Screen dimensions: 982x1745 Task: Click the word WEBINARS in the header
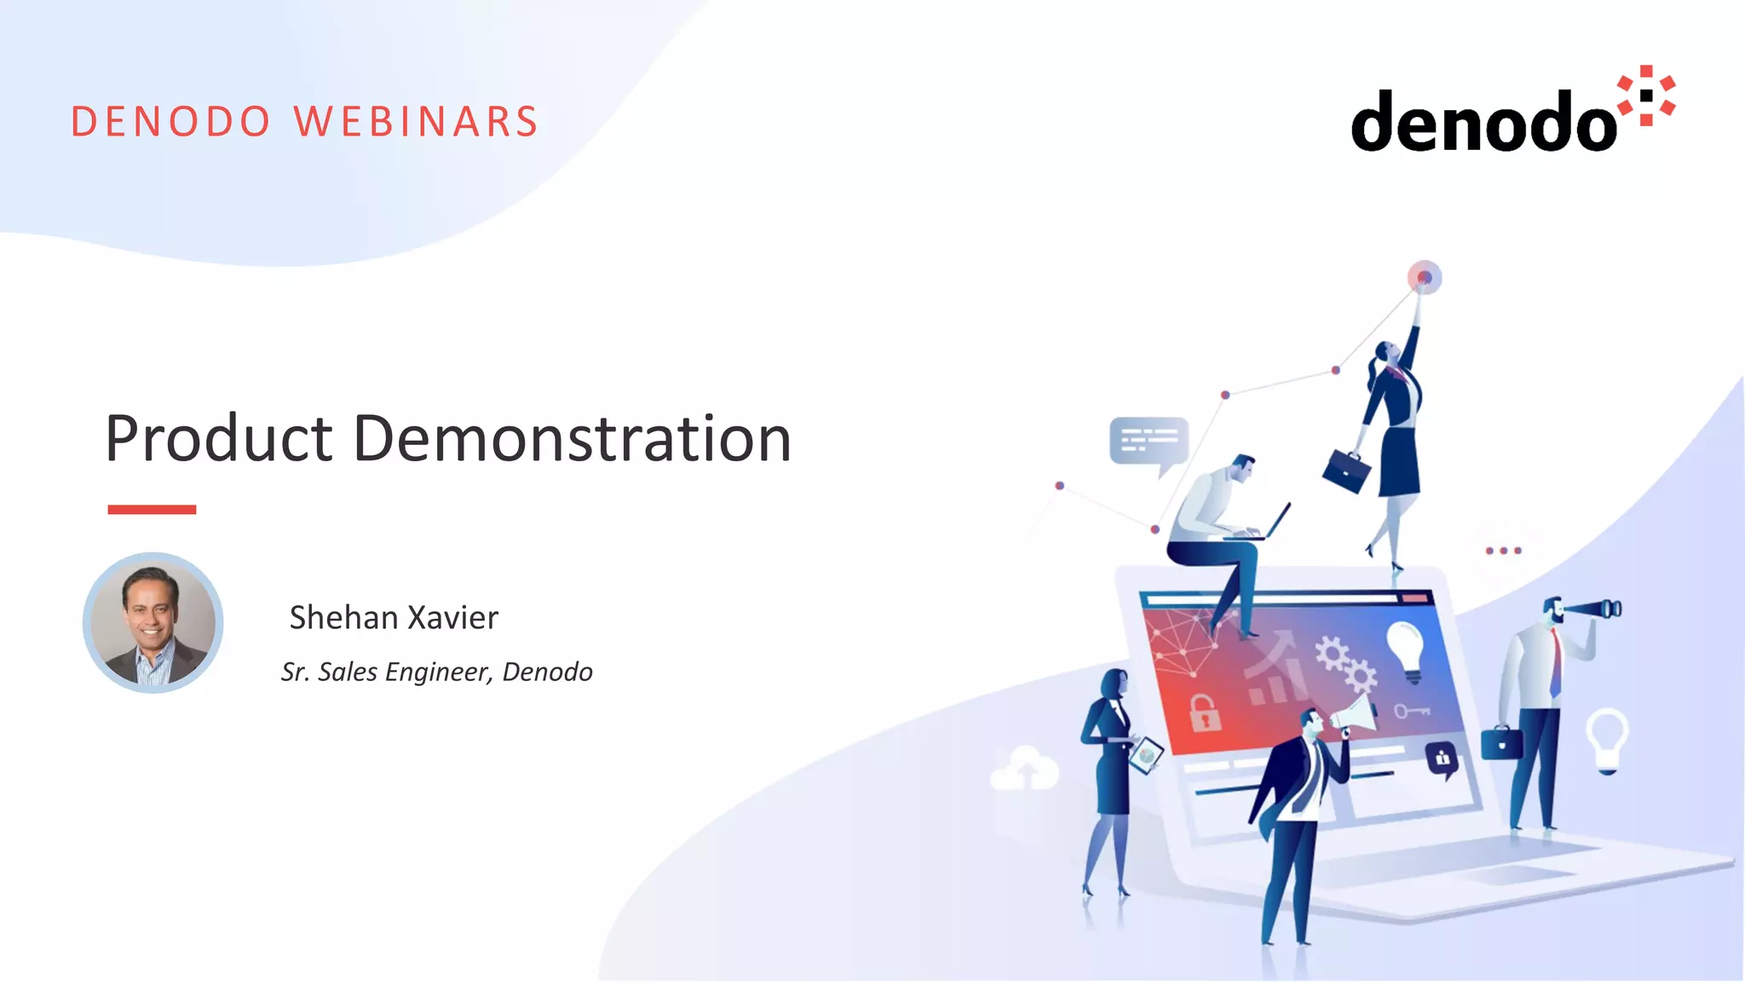[416, 122]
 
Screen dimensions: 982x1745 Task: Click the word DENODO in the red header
[170, 122]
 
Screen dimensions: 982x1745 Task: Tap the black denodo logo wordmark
[1483, 122]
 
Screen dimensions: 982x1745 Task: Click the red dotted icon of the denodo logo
[1646, 95]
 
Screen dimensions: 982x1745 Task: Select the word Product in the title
[218, 438]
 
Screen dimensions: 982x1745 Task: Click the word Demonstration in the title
[572, 438]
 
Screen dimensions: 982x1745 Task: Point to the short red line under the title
[152, 510]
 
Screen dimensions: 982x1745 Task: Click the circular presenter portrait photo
[153, 623]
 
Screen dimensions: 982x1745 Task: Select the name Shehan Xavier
[394, 617]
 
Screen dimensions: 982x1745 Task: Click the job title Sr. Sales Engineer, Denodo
[436, 672]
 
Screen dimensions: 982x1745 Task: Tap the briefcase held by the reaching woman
[1346, 471]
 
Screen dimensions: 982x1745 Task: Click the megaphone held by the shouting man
[1355, 715]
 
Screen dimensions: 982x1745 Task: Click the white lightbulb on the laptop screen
[1405, 648]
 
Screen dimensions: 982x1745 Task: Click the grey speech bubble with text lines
[1149, 442]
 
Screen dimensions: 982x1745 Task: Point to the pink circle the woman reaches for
[1424, 277]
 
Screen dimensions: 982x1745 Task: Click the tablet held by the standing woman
[1146, 755]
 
